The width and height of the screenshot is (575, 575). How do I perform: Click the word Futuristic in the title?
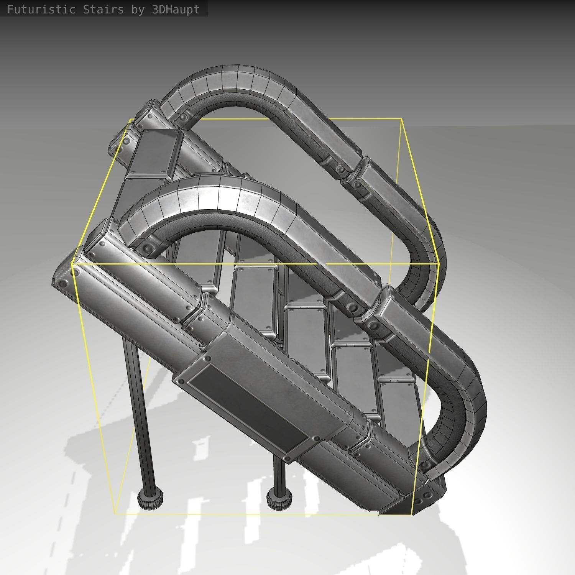point(41,10)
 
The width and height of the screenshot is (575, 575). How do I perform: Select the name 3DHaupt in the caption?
point(176,10)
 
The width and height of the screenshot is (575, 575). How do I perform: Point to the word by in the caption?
point(138,10)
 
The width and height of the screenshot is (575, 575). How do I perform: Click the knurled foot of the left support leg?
point(151,499)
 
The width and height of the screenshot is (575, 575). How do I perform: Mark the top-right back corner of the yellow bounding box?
point(401,119)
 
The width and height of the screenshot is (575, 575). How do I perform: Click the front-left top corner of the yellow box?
point(72,264)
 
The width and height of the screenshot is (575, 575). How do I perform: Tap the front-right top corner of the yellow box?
point(438,264)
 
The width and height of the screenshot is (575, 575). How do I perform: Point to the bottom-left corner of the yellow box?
point(115,514)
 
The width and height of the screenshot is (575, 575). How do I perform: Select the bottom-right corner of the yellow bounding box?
point(412,515)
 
